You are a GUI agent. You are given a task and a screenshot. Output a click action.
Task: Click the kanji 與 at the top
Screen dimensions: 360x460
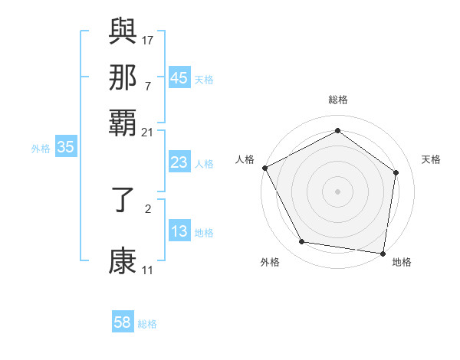point(123,31)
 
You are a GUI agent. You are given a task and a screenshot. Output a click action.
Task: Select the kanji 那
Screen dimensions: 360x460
point(123,77)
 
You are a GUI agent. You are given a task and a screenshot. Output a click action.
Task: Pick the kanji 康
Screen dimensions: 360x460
point(123,260)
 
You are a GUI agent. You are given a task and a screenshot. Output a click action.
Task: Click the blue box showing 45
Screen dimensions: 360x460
point(179,77)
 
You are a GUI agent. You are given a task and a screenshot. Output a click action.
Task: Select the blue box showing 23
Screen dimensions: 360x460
point(179,162)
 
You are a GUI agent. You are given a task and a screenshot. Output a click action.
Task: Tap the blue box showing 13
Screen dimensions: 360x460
point(179,231)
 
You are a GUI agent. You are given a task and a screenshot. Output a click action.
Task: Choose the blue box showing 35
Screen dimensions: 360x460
point(65,148)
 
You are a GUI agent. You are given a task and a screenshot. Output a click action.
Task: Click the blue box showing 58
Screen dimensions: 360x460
point(123,322)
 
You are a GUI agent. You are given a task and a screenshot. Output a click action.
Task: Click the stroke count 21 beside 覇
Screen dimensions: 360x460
point(147,131)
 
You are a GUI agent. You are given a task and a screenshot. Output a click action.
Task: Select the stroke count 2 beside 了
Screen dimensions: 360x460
point(148,208)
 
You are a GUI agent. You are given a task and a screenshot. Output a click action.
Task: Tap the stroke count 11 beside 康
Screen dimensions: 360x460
point(147,270)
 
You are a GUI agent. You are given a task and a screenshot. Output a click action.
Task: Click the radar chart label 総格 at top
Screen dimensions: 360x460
point(337,100)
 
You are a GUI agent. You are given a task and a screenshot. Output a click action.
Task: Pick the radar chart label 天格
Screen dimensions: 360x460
point(431,159)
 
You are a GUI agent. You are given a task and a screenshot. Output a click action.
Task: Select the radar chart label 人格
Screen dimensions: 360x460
point(245,159)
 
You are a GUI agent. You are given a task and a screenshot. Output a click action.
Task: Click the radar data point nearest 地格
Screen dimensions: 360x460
point(383,253)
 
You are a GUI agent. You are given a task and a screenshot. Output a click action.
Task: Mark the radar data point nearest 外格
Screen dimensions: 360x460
point(302,242)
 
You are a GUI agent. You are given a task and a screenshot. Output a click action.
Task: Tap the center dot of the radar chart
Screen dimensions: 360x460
point(337,191)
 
